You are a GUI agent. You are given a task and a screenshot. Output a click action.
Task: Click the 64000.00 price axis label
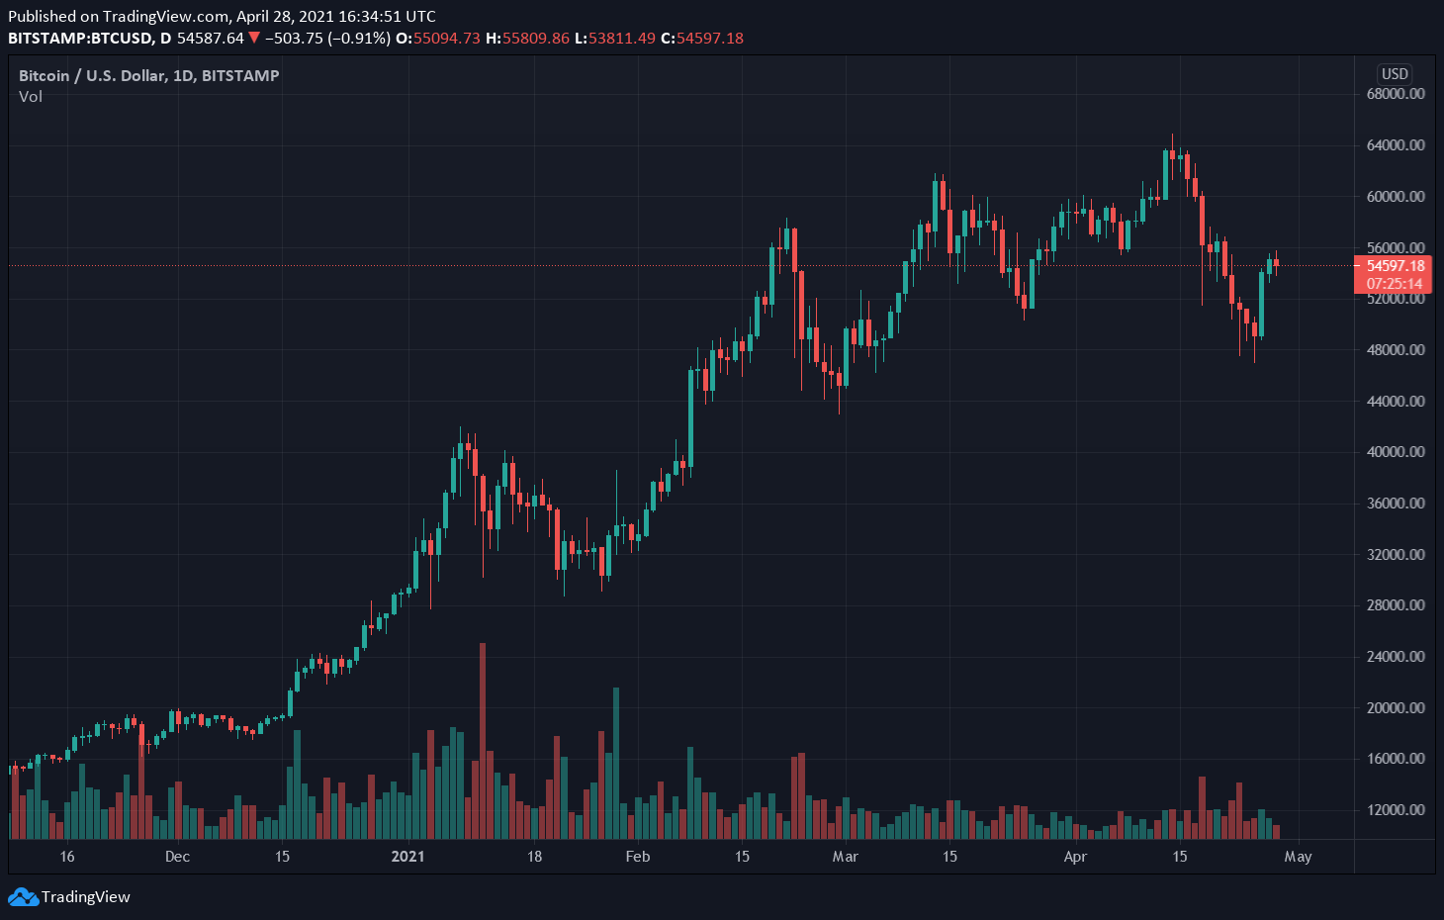1396,145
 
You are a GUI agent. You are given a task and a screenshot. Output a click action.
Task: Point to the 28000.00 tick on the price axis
1396,605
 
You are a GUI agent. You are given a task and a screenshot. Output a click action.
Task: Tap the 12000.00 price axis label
1396,810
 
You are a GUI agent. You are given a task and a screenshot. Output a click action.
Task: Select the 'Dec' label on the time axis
177,857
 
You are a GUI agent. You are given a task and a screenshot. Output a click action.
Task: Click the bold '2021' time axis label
407,857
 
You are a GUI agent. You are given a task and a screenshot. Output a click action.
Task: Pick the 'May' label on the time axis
1298,857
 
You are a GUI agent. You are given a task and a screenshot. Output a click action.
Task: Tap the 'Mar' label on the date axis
845,857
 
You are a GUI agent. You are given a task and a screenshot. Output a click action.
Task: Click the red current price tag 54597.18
1395,266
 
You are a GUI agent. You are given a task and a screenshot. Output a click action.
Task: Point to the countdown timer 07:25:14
1395,284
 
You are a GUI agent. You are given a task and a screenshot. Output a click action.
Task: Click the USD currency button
1395,74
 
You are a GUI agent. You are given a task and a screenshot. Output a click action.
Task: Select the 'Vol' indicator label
31,97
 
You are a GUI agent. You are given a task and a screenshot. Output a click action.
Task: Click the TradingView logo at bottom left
69,897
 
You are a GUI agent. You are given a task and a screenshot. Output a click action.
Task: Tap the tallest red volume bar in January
483,742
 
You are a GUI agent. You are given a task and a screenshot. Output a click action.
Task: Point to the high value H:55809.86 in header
527,39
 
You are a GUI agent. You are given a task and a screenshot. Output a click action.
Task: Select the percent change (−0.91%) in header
359,39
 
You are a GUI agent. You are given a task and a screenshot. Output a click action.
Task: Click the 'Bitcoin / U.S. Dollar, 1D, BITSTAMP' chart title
149,76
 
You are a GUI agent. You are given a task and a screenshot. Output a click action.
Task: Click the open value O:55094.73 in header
437,39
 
